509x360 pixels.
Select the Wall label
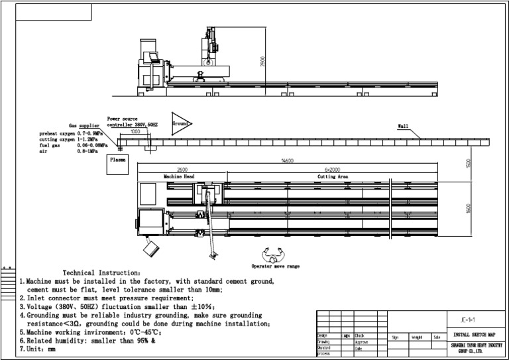point(403,127)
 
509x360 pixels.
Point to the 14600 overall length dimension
point(287,161)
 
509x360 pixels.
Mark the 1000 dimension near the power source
point(135,132)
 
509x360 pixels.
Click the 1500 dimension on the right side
point(468,163)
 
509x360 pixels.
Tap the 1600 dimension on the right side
point(468,208)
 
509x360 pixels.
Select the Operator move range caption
point(275,267)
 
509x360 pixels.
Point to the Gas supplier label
point(85,125)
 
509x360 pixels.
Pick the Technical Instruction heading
point(101,272)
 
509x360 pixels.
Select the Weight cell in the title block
point(417,337)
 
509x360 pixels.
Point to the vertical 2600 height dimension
point(264,62)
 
